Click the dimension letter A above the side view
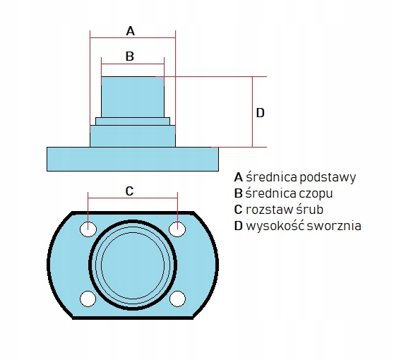(131, 31)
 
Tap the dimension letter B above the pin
(130, 56)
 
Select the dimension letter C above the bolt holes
(129, 191)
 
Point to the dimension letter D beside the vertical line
(261, 113)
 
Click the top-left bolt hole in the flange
(88, 229)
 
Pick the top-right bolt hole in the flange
(177, 229)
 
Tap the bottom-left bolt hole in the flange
(88, 299)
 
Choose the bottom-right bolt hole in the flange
(177, 299)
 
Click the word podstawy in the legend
(328, 178)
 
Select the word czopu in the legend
(316, 193)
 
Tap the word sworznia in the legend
(334, 226)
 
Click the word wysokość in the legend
(275, 226)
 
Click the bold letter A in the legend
(238, 177)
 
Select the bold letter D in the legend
(238, 226)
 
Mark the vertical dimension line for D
(253, 112)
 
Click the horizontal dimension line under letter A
(133, 38)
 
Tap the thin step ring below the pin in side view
(133, 121)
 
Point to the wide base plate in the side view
(133, 159)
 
